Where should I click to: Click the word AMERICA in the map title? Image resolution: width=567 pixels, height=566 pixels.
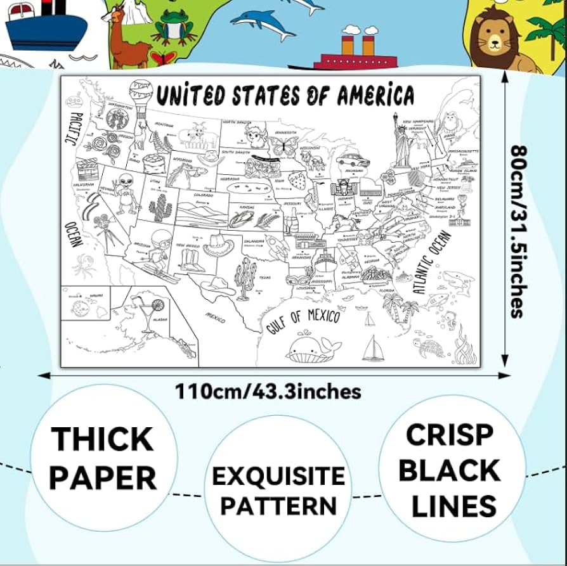pos(375,96)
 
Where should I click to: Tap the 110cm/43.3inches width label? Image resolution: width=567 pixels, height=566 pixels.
pos(269,391)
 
